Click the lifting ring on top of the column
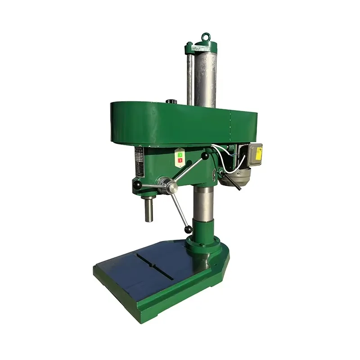[205, 36]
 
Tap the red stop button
[180, 160]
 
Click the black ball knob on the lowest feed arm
[188, 229]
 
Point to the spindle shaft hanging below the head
[148, 209]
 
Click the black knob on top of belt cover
[171, 102]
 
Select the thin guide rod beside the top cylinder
[190, 74]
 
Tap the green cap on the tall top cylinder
[205, 45]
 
